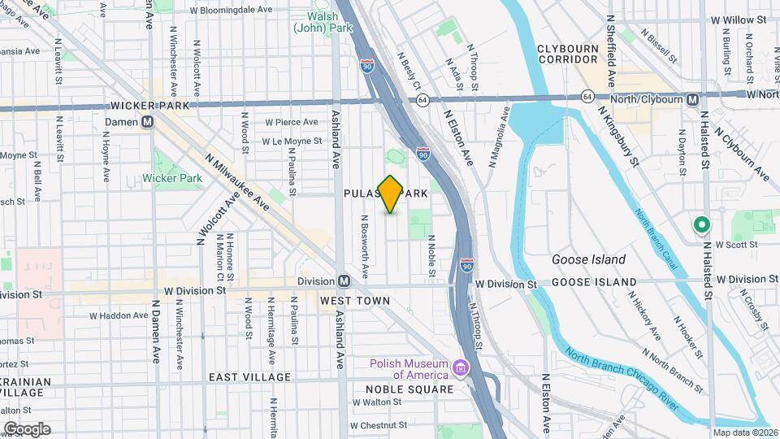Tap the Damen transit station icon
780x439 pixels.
pyautogui.click(x=148, y=122)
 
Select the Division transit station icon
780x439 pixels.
pyautogui.click(x=344, y=281)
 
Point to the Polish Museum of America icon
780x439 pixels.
pyautogui.click(x=461, y=369)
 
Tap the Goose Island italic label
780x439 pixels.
pyautogui.click(x=588, y=260)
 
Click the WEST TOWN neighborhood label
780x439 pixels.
pyautogui.click(x=355, y=301)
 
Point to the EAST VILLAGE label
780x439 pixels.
pyautogui.click(x=249, y=377)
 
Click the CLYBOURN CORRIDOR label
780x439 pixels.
pyautogui.click(x=568, y=54)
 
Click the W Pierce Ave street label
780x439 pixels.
pyautogui.click(x=290, y=122)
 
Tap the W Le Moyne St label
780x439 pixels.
pyautogui.click(x=292, y=141)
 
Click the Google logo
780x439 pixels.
pyautogui.click(x=27, y=428)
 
